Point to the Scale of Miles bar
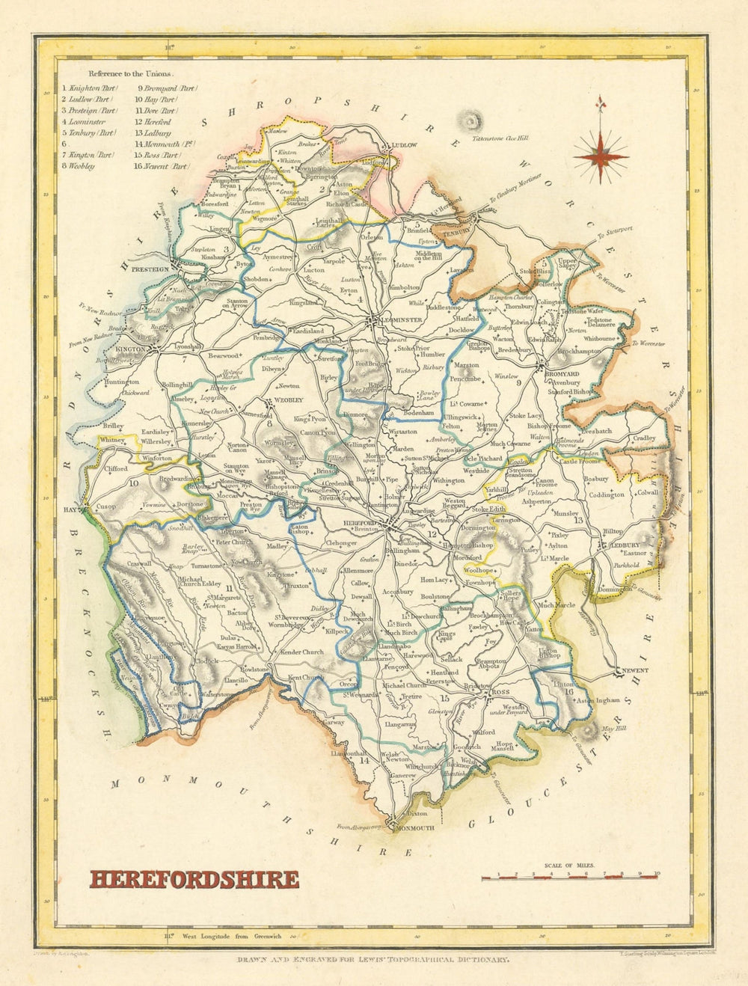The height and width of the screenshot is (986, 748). pos(570,874)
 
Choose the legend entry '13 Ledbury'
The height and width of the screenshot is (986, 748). pos(153,132)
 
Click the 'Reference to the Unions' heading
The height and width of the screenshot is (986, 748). pos(130,74)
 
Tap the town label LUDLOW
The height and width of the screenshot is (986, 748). pos(402,146)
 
